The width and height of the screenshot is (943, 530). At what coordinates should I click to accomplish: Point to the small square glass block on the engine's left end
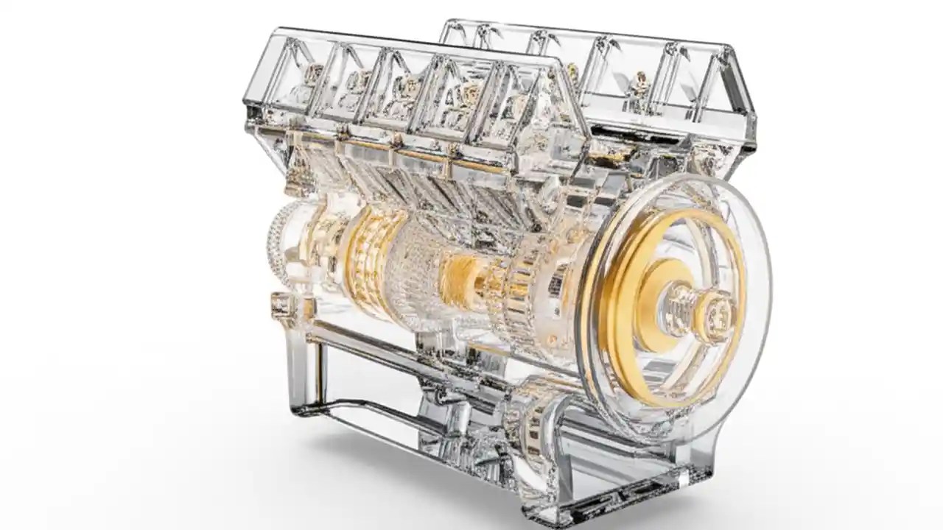pyautogui.click(x=282, y=303)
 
